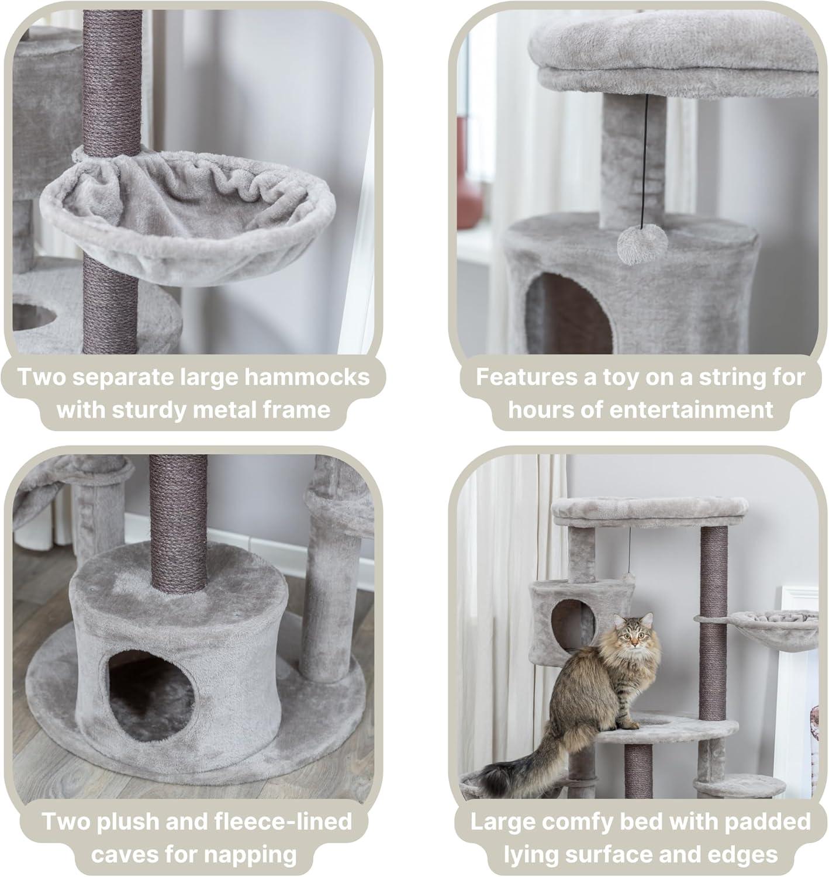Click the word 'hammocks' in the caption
(307, 377)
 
